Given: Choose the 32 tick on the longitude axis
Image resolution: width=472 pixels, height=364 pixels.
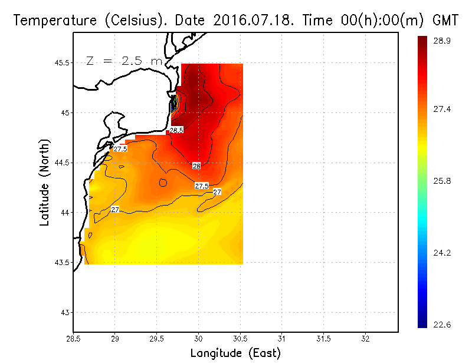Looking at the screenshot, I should (x=365, y=339).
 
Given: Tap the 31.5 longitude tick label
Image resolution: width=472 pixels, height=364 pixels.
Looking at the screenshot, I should (x=323, y=339).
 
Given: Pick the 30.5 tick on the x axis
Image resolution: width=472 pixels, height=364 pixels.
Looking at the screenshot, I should (x=240, y=339).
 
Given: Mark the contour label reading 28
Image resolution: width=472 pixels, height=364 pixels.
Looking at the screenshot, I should (x=196, y=166).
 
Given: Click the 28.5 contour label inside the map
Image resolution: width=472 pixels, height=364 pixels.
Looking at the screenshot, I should (x=176, y=130).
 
